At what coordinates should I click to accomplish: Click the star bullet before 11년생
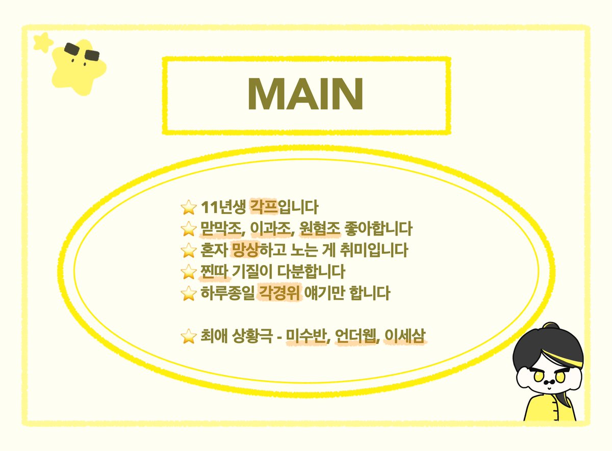pyautogui.click(x=189, y=208)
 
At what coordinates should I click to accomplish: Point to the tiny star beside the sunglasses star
pyautogui.click(x=43, y=42)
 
